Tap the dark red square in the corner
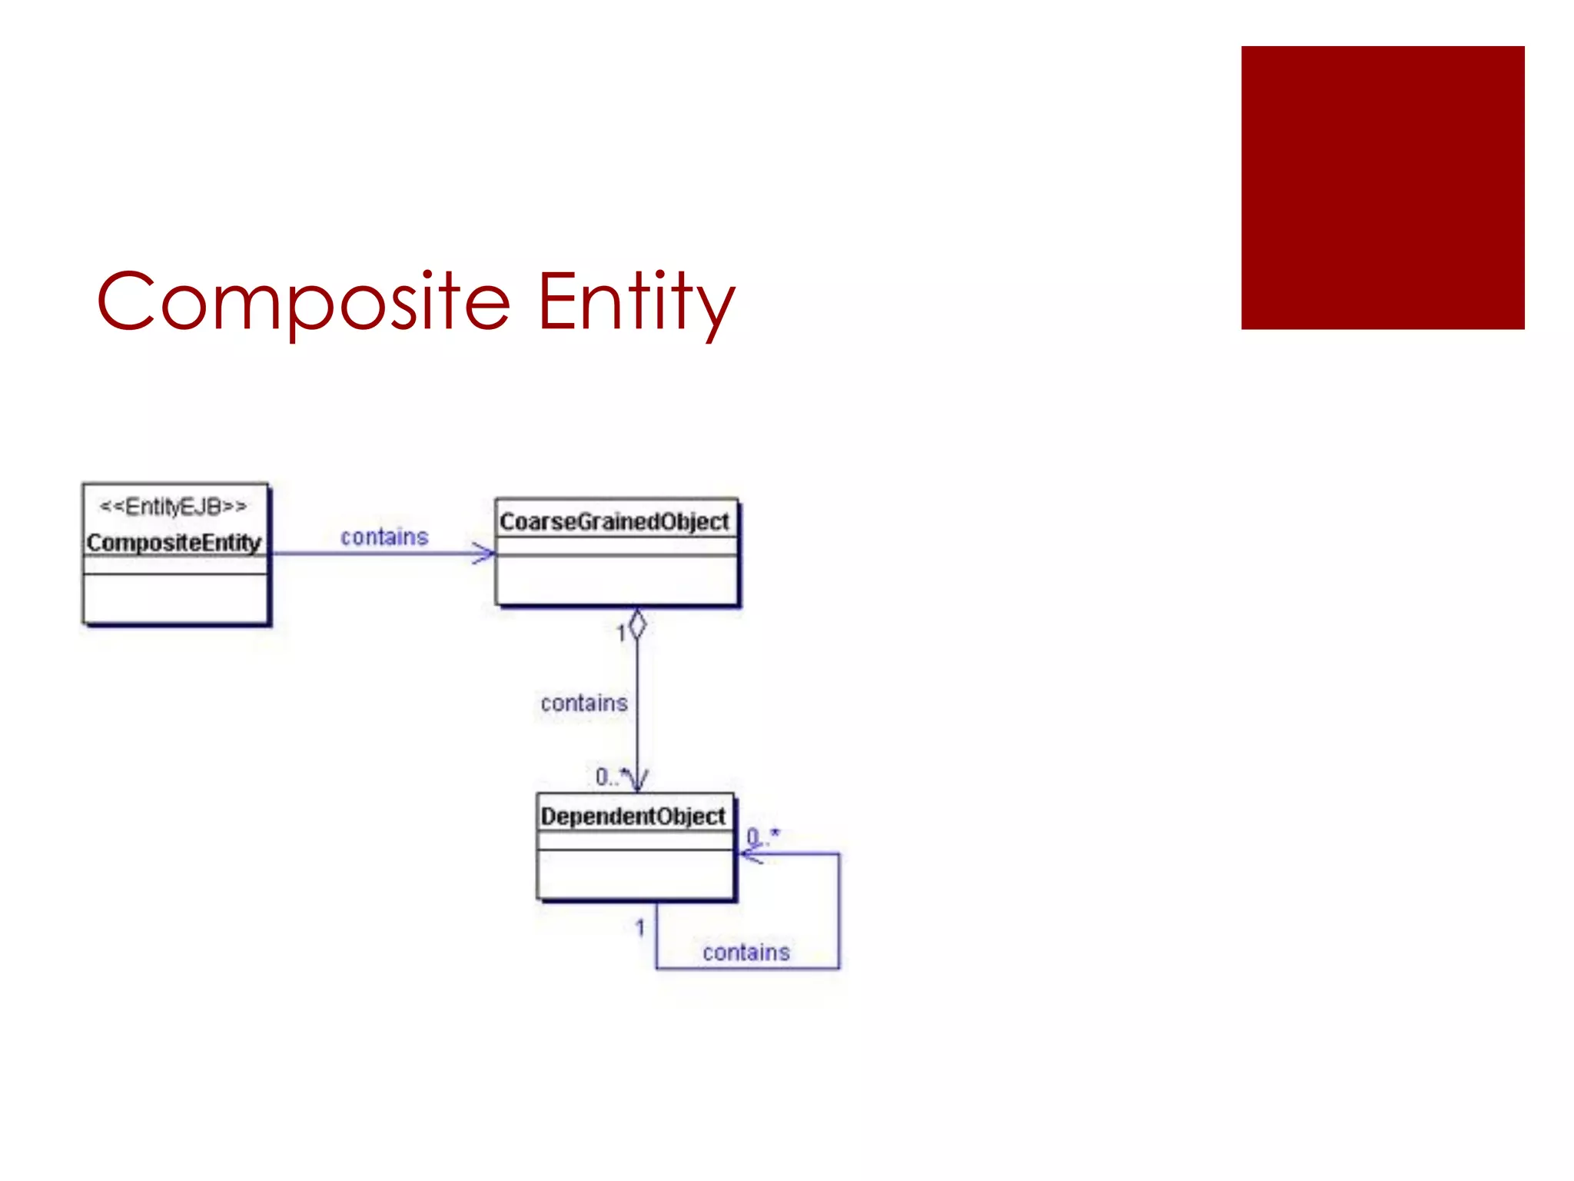pos(1382,188)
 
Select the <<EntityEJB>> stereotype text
pos(174,507)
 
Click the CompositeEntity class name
pos(174,543)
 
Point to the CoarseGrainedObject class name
pos(614,522)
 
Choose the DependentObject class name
pos(633,817)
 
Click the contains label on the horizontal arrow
pos(384,537)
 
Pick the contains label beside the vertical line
pos(584,703)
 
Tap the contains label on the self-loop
pos(745,953)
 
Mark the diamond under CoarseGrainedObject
pos(637,624)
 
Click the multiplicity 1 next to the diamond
pos(621,634)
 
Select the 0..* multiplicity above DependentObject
pos(610,777)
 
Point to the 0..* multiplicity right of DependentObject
pos(762,836)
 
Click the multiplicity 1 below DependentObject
pos(639,928)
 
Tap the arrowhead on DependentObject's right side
pos(749,854)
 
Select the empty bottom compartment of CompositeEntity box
pos(175,597)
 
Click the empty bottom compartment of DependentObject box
pos(635,873)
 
